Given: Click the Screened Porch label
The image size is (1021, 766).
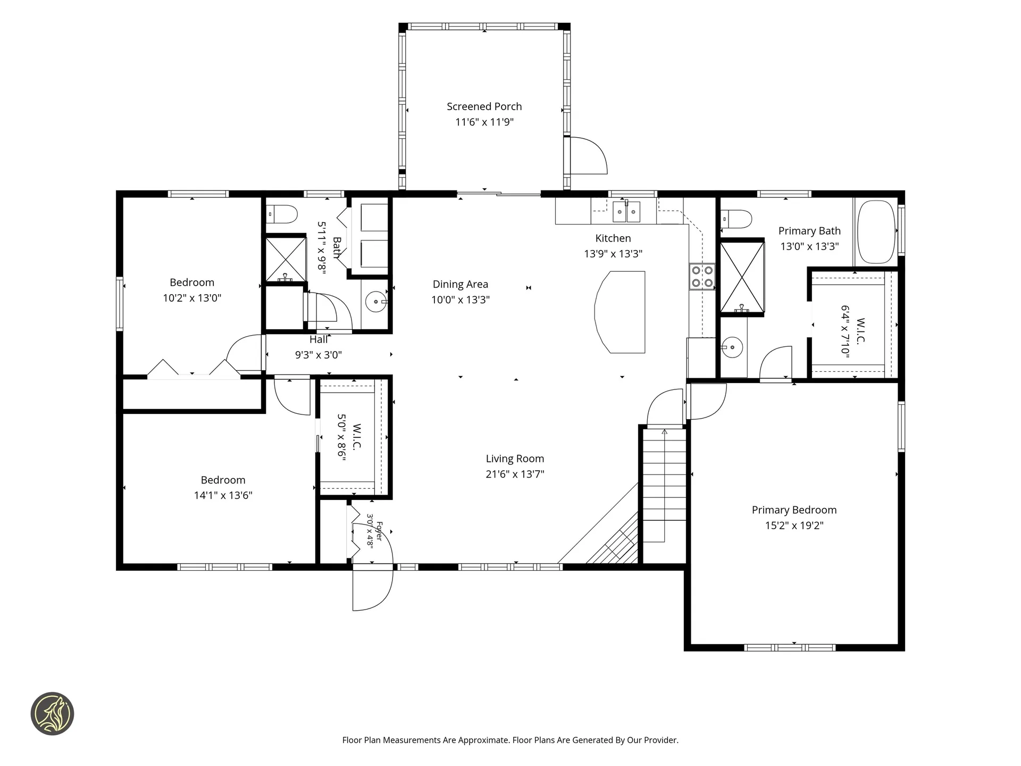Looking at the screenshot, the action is coord(484,106).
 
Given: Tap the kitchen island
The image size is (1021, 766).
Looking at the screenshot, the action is coord(620,312).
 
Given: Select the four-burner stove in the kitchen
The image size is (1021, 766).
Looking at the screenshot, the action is coord(702,277).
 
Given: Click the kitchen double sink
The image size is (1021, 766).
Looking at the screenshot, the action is coord(626,211).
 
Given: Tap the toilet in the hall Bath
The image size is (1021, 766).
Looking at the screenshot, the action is coord(282,214).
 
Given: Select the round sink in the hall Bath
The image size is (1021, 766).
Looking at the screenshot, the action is coord(375,302).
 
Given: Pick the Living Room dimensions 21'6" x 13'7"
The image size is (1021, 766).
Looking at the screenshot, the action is coord(515,474).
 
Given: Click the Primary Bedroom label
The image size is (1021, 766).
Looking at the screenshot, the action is coord(794,510).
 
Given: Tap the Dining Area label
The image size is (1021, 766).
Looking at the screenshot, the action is coord(460,285).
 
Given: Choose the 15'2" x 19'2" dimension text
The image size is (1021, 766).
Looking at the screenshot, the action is coord(794,526).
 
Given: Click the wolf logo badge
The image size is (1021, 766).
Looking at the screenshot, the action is coord(52,714).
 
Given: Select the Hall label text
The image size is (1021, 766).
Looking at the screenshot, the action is coord(319,339).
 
